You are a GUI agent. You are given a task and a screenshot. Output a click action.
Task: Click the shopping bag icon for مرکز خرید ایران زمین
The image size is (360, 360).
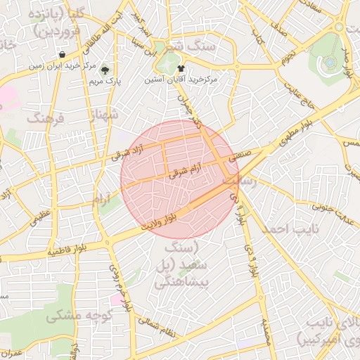point(63,54)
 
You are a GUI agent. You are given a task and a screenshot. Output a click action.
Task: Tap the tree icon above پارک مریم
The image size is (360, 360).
point(105,70)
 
